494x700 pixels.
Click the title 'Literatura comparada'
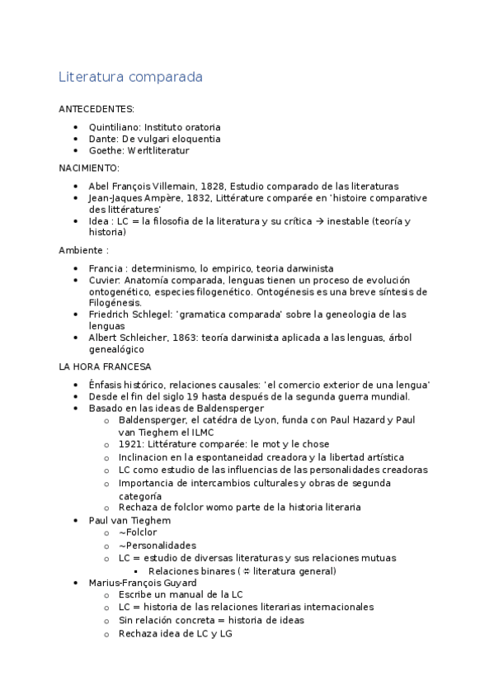130,78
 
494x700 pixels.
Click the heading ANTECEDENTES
96,109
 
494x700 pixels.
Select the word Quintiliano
115,127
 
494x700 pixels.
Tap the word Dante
103,140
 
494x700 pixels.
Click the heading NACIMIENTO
89,168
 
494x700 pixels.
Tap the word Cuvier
103,280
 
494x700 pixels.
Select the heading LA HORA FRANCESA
104,367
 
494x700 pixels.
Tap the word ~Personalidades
157,546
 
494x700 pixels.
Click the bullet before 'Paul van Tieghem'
75,521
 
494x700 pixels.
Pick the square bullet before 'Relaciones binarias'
136,571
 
